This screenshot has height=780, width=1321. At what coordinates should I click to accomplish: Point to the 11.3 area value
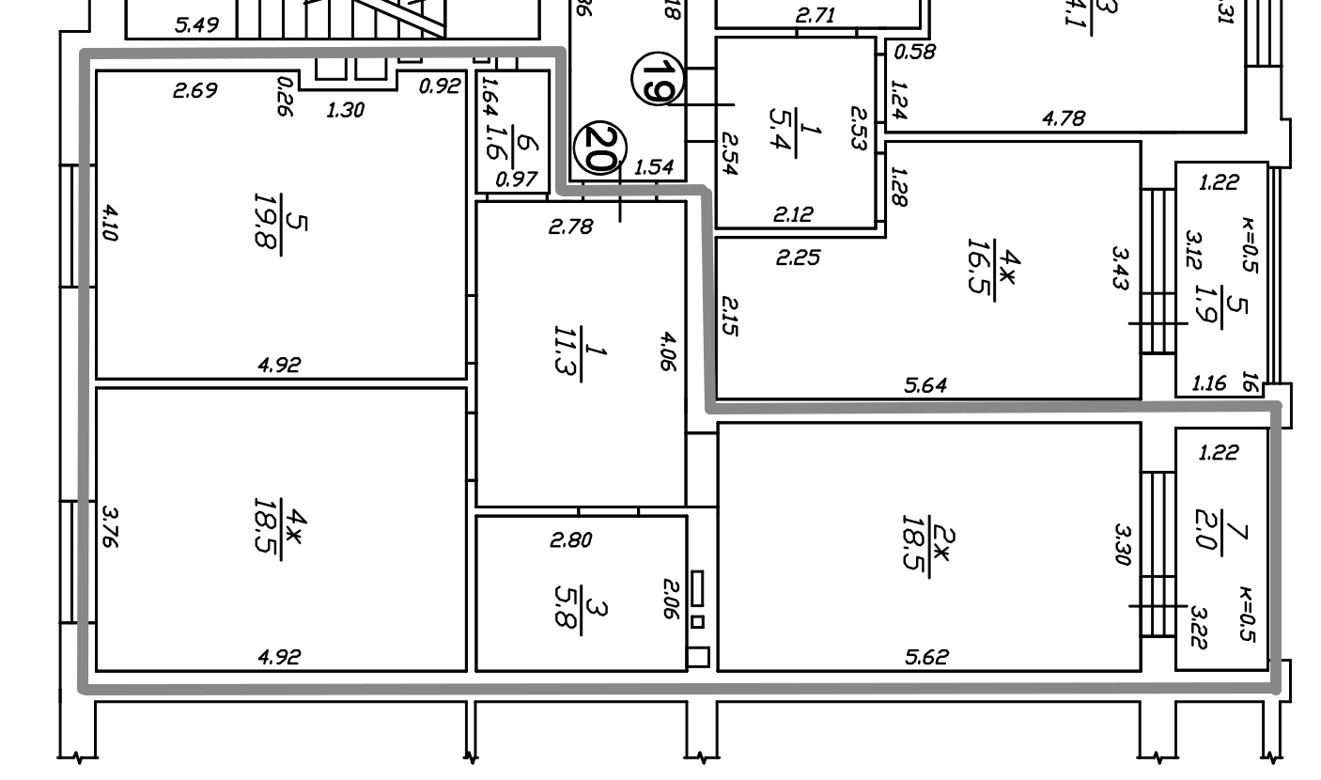coord(566,351)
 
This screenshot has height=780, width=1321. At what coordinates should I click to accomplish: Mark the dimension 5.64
coord(925,384)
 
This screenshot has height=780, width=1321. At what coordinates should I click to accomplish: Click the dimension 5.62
coord(926,657)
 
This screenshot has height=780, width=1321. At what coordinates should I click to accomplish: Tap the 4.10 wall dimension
coord(109,224)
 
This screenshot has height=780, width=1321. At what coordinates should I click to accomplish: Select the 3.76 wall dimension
coord(109,528)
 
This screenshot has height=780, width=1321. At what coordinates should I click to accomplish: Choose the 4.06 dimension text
coord(666,351)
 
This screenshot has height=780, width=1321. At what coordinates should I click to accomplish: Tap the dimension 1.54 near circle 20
coord(654,167)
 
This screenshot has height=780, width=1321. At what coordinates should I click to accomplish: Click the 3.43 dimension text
coord(1120,269)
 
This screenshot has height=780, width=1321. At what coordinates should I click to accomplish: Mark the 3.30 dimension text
coord(1120,545)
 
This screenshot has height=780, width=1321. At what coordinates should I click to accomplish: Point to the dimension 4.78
coord(1064,118)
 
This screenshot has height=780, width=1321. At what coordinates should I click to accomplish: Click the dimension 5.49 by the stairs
coord(197,25)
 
